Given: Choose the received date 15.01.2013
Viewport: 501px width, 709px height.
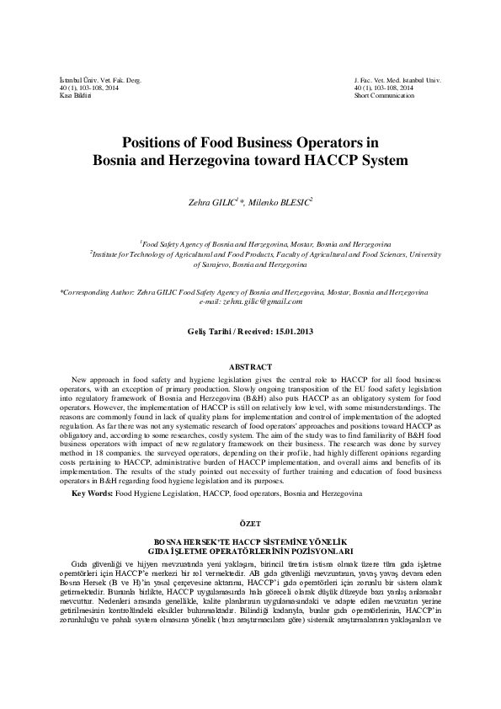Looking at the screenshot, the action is click(x=294, y=332).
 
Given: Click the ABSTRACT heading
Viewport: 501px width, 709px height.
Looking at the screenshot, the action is click(x=250, y=366).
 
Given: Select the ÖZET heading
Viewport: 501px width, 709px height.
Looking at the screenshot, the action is click(x=250, y=522).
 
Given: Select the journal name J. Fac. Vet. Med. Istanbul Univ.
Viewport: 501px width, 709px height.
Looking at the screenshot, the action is click(x=398, y=79).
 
